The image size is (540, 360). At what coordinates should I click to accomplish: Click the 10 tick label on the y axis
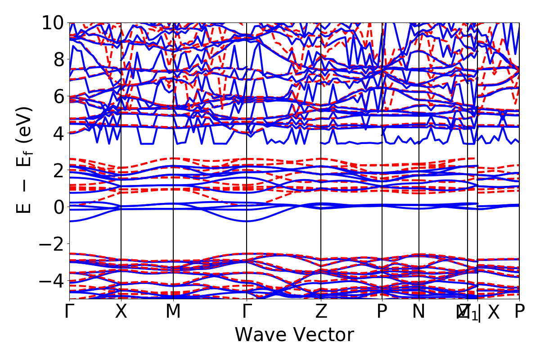coord(53,22)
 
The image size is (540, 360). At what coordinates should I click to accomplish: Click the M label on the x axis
coord(173,311)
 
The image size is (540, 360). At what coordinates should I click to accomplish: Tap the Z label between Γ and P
coord(320,311)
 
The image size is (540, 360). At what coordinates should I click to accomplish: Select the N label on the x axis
coord(419,311)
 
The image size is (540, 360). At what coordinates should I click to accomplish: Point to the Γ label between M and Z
coord(247,311)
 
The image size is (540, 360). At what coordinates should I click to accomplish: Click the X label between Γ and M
coord(121,311)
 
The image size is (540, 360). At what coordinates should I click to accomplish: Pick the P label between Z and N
coord(382,311)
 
